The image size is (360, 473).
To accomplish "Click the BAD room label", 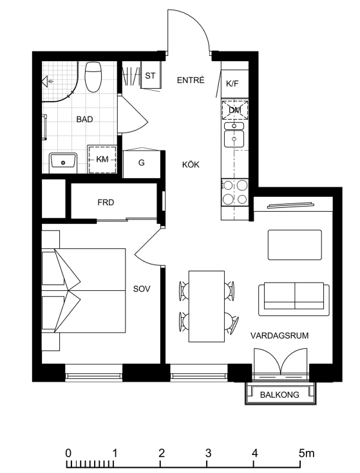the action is pos(84,120).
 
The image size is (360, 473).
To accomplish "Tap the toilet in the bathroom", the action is pos(93,77).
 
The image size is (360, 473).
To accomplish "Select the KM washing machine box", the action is pos(102,160).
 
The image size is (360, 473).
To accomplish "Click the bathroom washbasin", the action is pos(63,162).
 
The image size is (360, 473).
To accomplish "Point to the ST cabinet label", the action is pos(150,75).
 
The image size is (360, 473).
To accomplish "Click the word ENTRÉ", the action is pos(191,80).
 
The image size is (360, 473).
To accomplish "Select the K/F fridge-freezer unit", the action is pos(235,84).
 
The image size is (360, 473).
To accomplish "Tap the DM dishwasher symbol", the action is pos(235,110).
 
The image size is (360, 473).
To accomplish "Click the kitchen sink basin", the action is pos(234,138).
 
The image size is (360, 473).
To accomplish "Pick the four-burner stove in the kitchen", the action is pos(235,192).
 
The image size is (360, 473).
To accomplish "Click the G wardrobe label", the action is pos(141,163).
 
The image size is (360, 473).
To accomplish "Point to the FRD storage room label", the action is pos(106,203).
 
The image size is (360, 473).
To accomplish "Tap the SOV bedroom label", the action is pos(142,289).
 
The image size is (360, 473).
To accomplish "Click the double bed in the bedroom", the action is pos(84,290).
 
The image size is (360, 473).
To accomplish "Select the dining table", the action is pos(207,306).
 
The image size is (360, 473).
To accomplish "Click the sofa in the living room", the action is pos(294,299).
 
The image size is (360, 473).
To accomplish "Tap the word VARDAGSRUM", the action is pos(279,335).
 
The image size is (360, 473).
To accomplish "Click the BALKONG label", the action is pos(279,394).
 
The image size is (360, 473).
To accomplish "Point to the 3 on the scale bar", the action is pos(208,453).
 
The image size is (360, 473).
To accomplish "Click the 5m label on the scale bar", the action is pos(307,453).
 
